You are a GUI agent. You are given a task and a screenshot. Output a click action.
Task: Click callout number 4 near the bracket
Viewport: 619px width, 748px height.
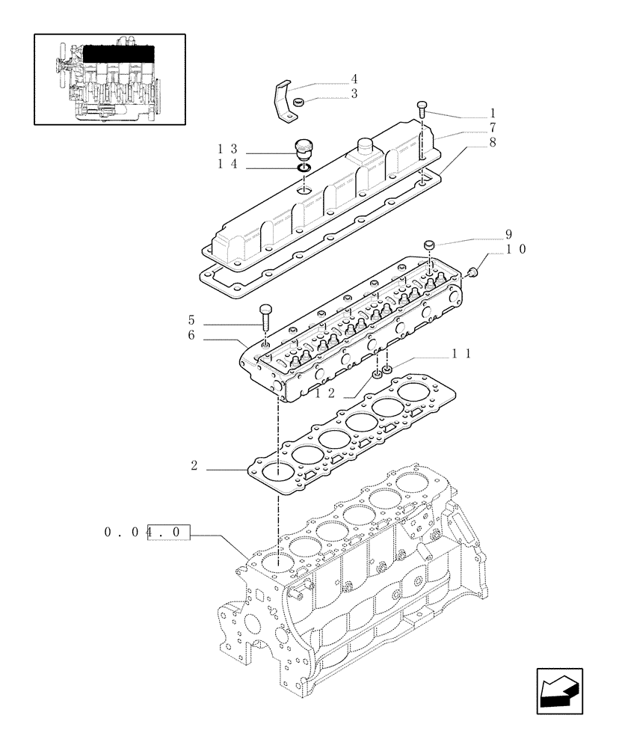[354, 79]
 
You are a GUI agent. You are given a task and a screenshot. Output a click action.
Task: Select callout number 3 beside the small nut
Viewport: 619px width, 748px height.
[354, 94]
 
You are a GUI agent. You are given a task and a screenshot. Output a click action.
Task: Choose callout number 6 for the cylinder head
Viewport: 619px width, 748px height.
[191, 337]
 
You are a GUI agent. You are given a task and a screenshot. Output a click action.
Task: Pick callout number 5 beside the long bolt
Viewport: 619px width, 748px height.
[191, 320]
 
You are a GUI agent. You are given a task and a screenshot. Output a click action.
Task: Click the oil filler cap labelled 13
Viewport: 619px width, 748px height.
[304, 148]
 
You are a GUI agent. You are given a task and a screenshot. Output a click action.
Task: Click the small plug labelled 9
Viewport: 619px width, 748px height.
[429, 245]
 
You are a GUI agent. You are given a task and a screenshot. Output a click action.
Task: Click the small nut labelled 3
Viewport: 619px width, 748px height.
[298, 102]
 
